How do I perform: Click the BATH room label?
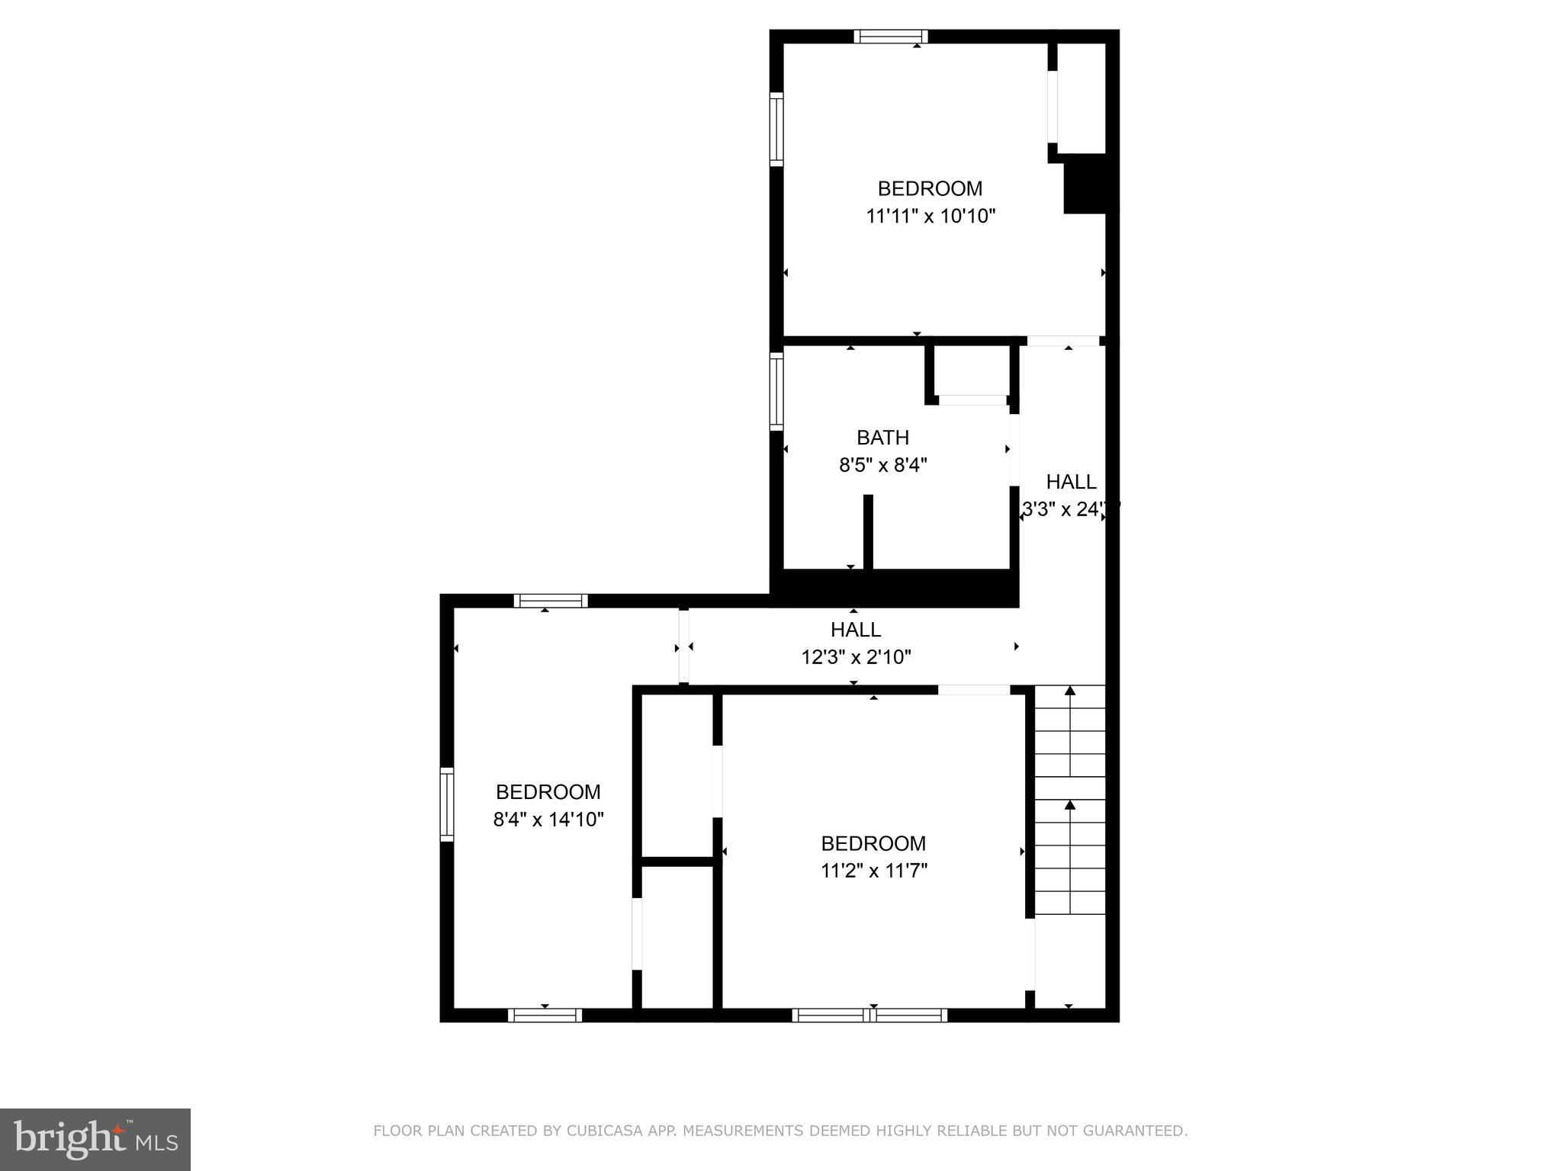pos(882,438)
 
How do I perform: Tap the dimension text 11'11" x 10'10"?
pos(930,217)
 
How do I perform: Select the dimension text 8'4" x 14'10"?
pos(548,820)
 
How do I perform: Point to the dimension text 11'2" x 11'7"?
pos(873,871)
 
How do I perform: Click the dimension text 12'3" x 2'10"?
pos(856,657)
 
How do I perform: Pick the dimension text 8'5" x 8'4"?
pos(882,465)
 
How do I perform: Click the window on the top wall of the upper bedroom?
pos(890,36)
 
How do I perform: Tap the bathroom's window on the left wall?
pos(776,391)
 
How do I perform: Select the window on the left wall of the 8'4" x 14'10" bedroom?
pos(447,805)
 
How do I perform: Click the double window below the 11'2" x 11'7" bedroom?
pos(869,1015)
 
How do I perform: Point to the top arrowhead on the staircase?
pos(1069,691)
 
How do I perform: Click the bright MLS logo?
pos(95,1138)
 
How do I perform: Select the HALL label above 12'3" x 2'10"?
pos(856,630)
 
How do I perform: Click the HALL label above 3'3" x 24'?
pos(1071,482)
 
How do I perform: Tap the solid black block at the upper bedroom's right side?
pos(1085,184)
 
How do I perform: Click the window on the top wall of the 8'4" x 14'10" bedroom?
pos(551,601)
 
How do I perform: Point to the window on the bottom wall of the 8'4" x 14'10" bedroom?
pos(545,1015)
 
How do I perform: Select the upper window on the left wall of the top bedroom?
pos(776,129)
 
